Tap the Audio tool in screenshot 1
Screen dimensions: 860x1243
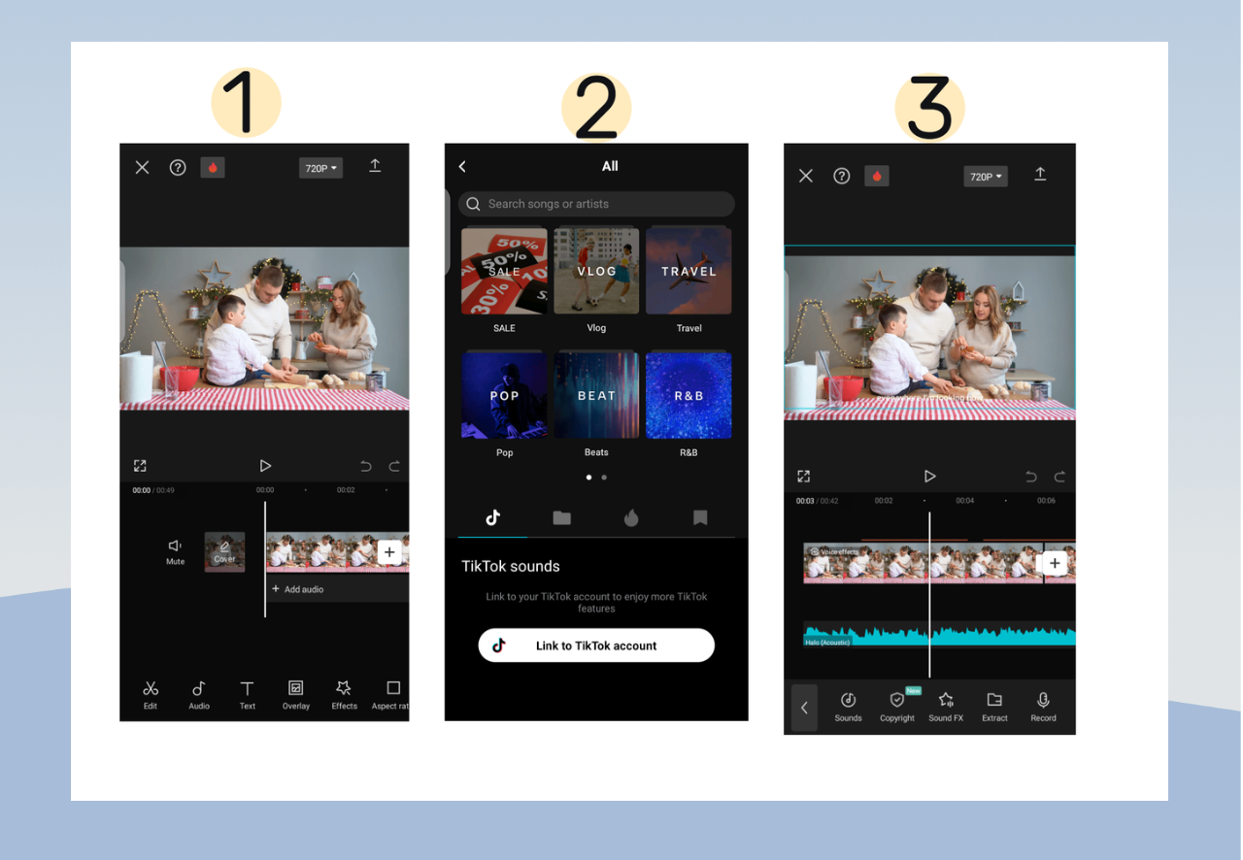pyautogui.click(x=199, y=693)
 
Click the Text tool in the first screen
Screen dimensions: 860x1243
pyautogui.click(x=248, y=693)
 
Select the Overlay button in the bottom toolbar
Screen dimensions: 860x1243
pyautogui.click(x=296, y=693)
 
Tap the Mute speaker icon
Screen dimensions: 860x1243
pyautogui.click(x=175, y=547)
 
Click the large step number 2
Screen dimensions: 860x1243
pyautogui.click(x=596, y=108)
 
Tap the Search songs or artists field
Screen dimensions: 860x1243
pyautogui.click(x=596, y=204)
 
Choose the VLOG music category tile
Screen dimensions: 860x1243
pyautogui.click(x=596, y=271)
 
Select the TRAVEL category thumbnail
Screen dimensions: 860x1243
pyautogui.click(x=689, y=271)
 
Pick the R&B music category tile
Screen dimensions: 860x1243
pyautogui.click(x=689, y=395)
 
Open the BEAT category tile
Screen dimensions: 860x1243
pyautogui.click(x=596, y=395)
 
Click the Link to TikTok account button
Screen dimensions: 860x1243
pyautogui.click(x=596, y=645)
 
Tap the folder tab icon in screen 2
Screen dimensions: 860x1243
pyautogui.click(x=561, y=518)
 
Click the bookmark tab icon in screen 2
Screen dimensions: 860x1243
pyautogui.click(x=700, y=518)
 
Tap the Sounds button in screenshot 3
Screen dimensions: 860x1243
pyautogui.click(x=848, y=706)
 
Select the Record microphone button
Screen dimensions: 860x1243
pyautogui.click(x=1043, y=706)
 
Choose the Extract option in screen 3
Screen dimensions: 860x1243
pyautogui.click(x=994, y=706)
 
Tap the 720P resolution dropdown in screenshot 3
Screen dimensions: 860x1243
pyautogui.click(x=986, y=177)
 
